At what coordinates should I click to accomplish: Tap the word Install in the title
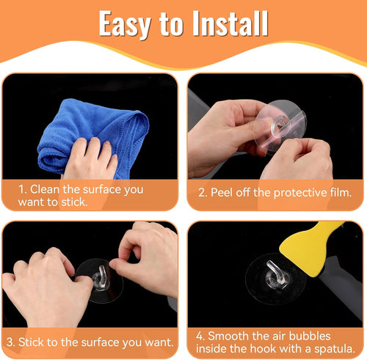tap(230, 23)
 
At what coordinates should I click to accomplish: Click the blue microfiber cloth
tap(93, 138)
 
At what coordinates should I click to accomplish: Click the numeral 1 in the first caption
tap(22, 189)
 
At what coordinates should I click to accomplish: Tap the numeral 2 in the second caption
tap(203, 193)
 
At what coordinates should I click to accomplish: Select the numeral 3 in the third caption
tap(10, 342)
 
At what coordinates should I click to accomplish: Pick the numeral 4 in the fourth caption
tap(200, 336)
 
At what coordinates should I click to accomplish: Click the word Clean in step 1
tap(45, 189)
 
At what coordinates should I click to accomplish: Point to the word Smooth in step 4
tap(228, 336)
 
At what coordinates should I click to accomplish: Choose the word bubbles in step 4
tap(310, 336)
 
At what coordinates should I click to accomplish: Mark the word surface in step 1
tap(102, 190)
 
